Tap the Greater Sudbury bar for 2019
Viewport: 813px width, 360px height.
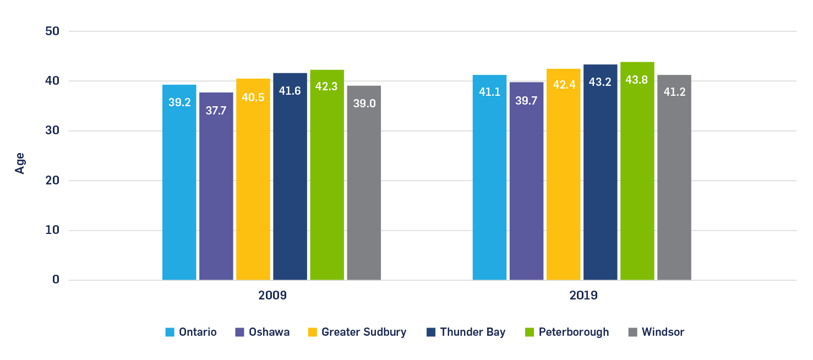pos(563,176)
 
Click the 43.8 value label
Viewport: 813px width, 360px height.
pos(637,80)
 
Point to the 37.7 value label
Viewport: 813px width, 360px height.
pos(216,111)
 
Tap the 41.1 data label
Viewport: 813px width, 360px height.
pos(489,92)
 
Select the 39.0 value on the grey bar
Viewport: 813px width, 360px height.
pos(364,103)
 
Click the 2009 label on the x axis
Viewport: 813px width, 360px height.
pos(272,296)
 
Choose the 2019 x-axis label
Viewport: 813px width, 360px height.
pos(583,296)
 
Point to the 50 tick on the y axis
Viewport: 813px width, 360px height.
pos(52,31)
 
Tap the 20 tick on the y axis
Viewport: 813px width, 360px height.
pos(52,181)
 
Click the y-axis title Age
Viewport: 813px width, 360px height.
pos(20,163)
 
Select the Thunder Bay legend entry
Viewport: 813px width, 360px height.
pos(472,332)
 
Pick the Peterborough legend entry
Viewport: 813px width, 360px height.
pos(574,332)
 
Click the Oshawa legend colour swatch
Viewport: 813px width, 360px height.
pos(239,332)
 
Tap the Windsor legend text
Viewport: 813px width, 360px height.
pos(663,332)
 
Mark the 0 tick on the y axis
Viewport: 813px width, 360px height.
pos(56,280)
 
